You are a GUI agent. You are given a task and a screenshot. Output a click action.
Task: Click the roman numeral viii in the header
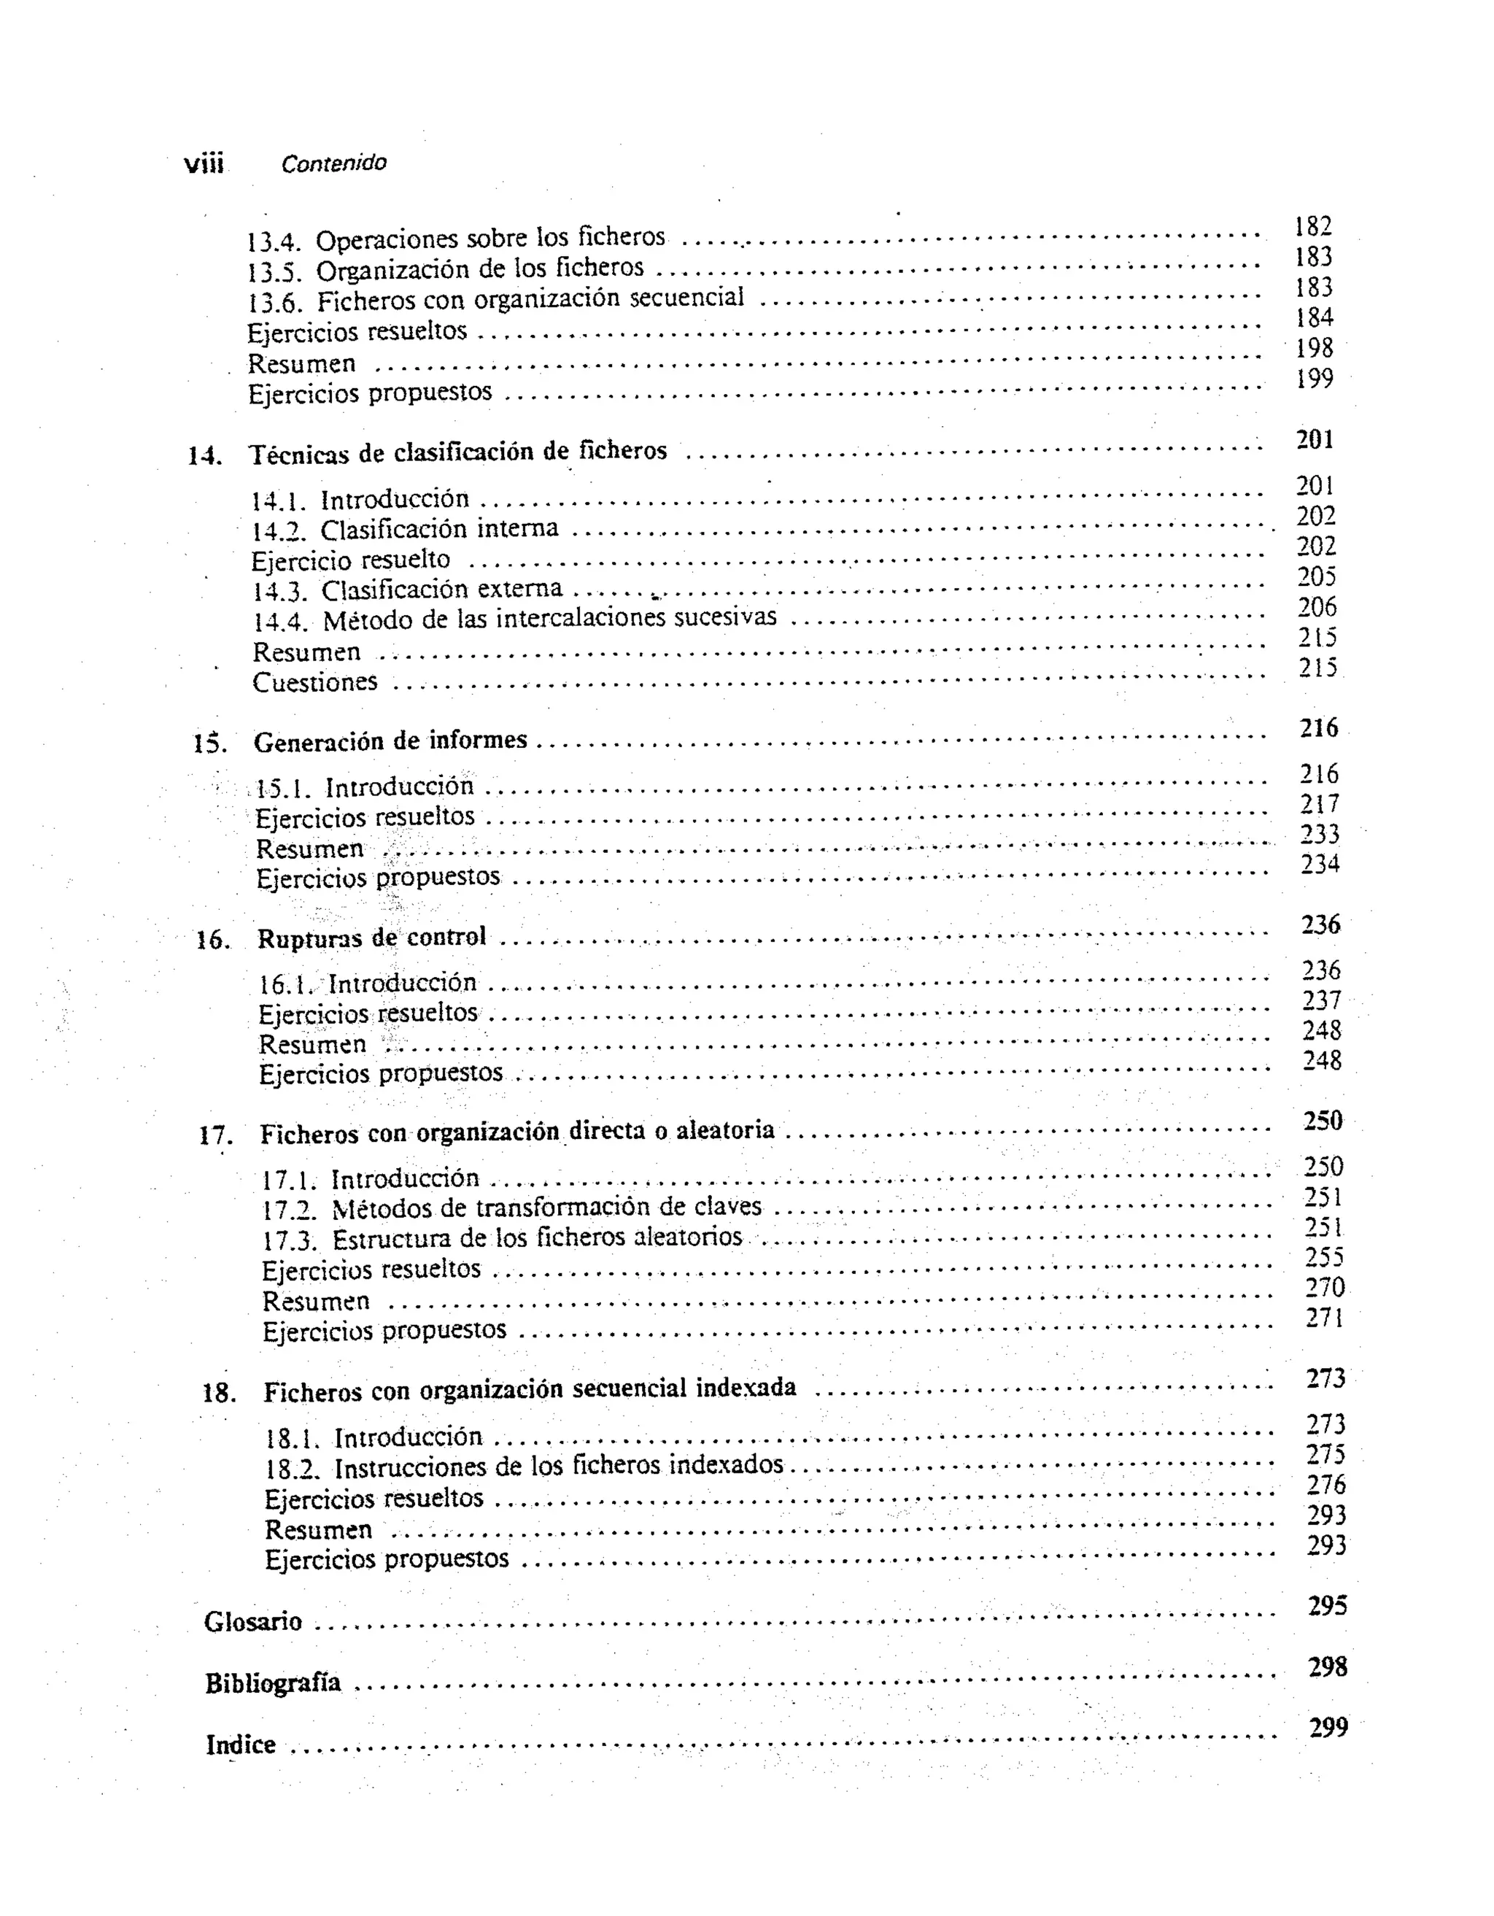pos(204,164)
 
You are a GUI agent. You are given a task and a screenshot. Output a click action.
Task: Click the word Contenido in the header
pos(333,163)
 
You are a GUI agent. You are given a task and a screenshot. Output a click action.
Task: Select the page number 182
pos(1313,227)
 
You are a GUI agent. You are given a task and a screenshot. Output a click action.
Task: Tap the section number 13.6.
pos(274,303)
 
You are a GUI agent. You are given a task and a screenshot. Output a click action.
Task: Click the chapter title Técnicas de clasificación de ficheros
pos(458,452)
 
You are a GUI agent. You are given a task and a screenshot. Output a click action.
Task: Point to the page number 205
pos(1317,577)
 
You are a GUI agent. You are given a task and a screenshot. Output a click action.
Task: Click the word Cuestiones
pos(315,682)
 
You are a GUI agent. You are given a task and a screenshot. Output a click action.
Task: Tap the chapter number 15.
pos(209,744)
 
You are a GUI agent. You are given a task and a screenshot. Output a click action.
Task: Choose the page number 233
pos(1320,834)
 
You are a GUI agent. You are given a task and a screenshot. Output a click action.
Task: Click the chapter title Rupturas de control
pos(371,938)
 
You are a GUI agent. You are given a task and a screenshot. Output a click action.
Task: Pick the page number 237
pos(1321,1001)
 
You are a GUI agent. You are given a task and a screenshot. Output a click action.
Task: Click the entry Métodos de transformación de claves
pos(546,1208)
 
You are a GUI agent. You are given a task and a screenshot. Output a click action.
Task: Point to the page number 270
pos(1325,1288)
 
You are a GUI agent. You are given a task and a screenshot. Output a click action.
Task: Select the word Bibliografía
pos(273,1683)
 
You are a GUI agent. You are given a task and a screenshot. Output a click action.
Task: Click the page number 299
pos(1328,1727)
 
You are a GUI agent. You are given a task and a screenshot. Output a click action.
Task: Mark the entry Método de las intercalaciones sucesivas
pos(549,619)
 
